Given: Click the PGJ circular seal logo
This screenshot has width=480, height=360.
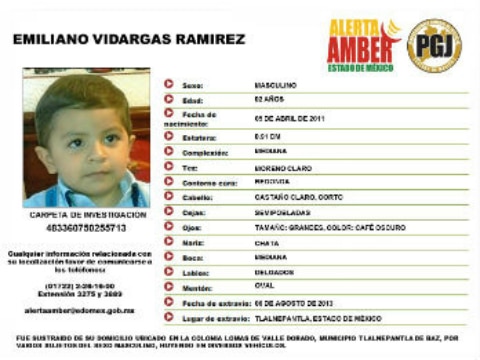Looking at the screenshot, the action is [434, 45].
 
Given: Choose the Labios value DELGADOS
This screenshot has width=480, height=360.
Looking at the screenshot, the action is [272, 271].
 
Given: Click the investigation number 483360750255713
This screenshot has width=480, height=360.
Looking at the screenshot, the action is [85, 228].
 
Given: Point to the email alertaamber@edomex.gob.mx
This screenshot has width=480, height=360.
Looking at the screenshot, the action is [79, 310].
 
